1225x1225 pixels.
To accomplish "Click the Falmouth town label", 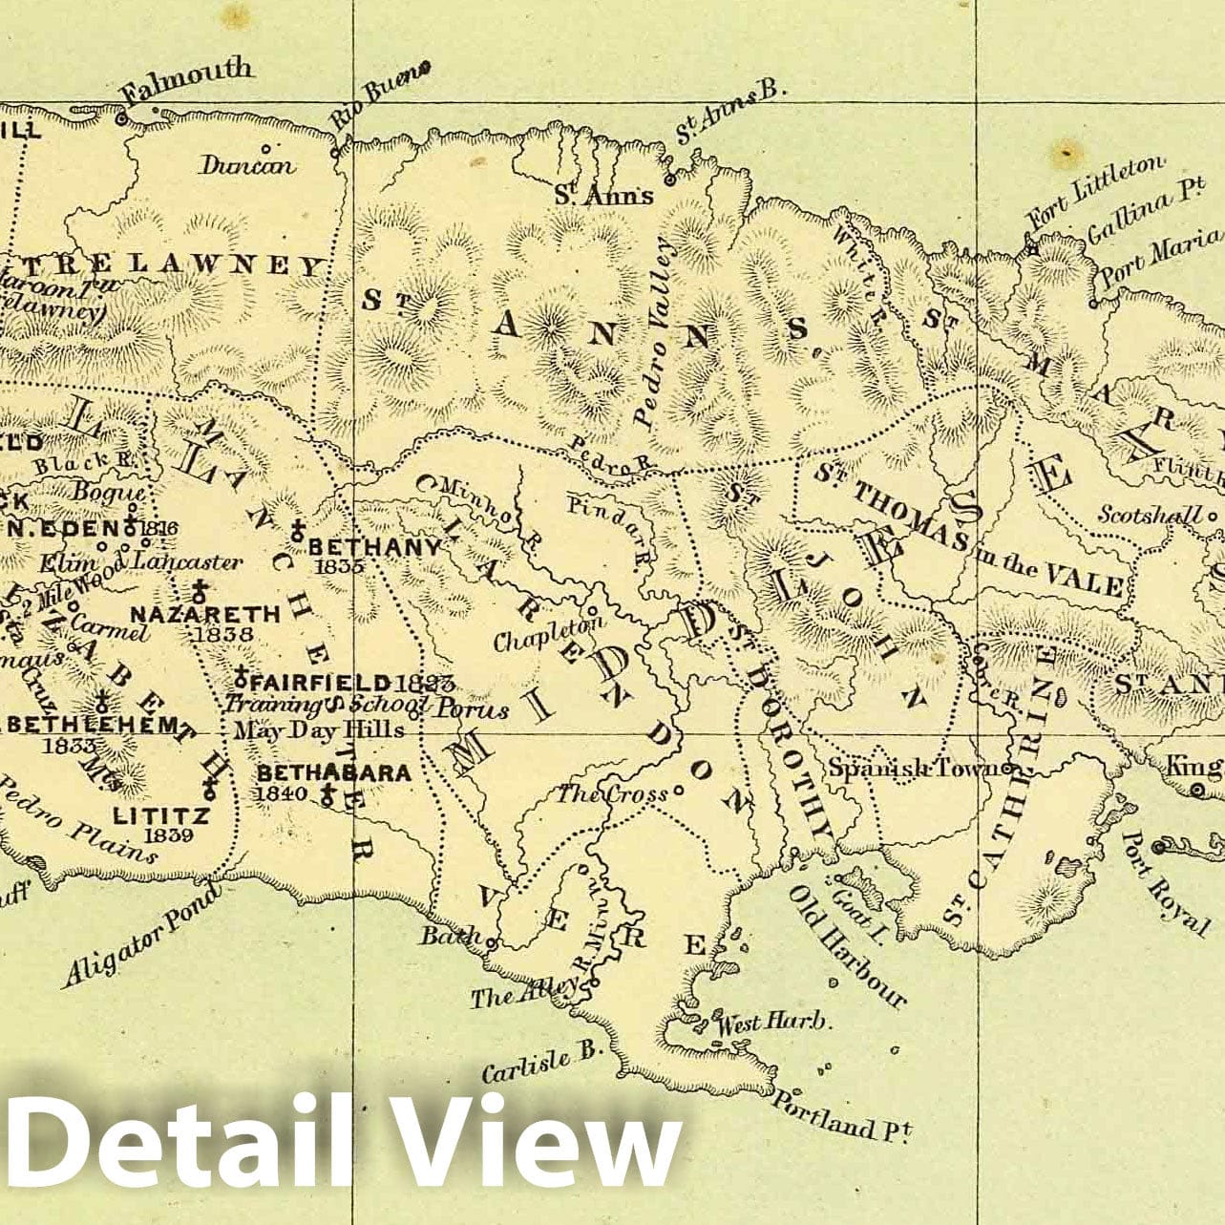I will pyautogui.click(x=188, y=81).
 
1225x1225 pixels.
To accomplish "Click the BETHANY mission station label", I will pyautogui.click(x=374, y=547).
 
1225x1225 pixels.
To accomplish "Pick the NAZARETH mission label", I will pyautogui.click(x=205, y=613).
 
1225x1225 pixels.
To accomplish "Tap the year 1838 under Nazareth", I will pyautogui.click(x=222, y=633).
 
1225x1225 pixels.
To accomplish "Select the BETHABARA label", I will pyautogui.click(x=334, y=772).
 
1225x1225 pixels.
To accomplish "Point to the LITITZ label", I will pyautogui.click(x=161, y=815).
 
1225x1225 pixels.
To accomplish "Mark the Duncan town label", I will pyautogui.click(x=247, y=165).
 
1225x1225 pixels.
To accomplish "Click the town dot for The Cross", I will pyautogui.click(x=679, y=790).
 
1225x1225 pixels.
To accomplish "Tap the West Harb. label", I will pyautogui.click(x=773, y=1023).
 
